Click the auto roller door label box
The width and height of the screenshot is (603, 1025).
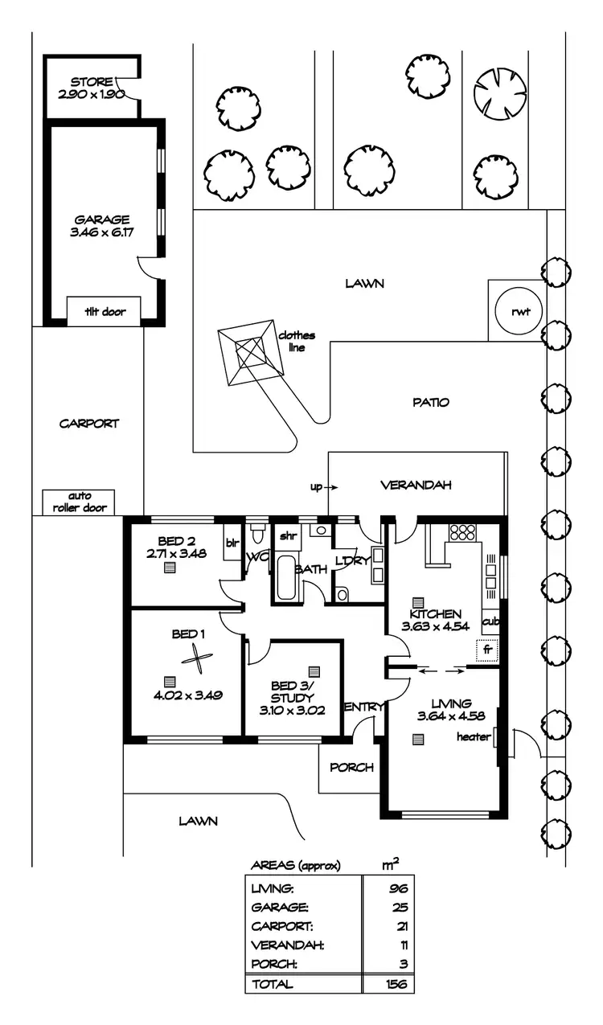[x=79, y=502]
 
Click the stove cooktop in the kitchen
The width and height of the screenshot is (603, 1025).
[x=462, y=531]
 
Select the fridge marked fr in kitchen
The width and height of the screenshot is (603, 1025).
[x=486, y=649]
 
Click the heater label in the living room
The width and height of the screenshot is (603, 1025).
[x=473, y=736]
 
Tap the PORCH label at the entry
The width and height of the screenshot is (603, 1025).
[x=351, y=767]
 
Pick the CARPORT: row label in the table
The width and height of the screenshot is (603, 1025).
[x=281, y=926]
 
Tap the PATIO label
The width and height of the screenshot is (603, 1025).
[x=432, y=402]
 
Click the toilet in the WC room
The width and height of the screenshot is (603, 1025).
[x=258, y=533]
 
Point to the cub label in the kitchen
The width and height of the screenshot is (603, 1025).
[x=490, y=621]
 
